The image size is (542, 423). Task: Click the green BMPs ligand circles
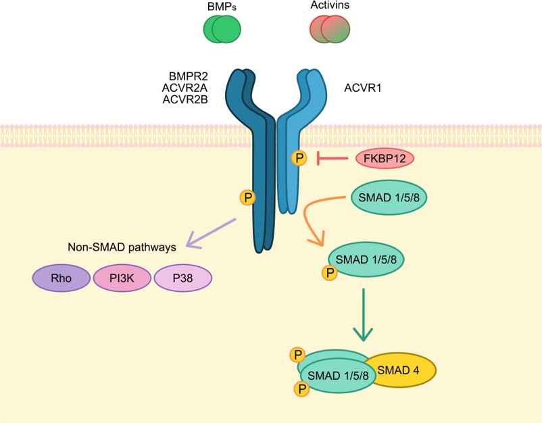point(222,29)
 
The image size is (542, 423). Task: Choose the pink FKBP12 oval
point(385,158)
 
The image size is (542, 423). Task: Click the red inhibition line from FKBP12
point(334,158)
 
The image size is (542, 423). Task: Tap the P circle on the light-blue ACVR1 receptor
point(298,158)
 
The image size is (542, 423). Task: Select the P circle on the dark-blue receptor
point(248,198)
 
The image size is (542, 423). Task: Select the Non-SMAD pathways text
point(122,247)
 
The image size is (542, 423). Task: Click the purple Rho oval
point(61,277)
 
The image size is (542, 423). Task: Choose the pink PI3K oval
point(122,277)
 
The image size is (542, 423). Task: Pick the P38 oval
point(183,277)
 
